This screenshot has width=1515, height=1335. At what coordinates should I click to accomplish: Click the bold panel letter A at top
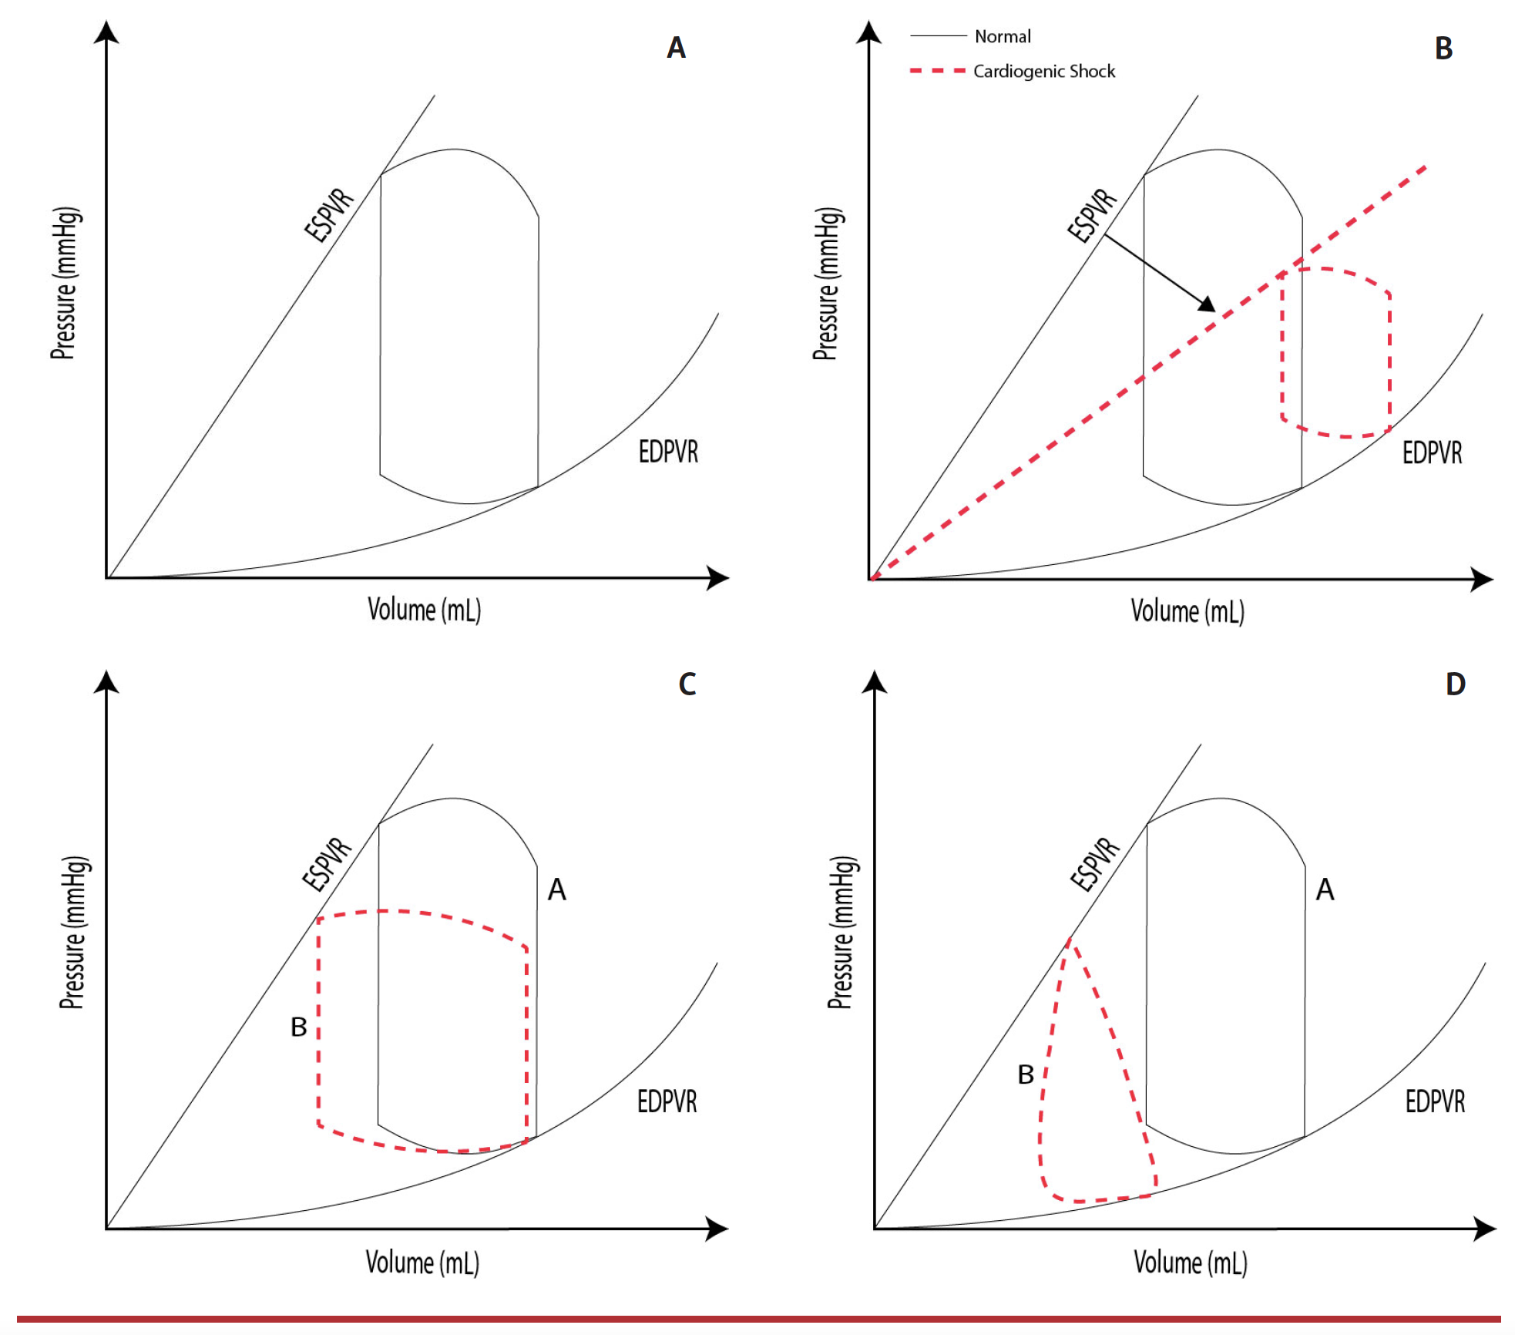pos(676,48)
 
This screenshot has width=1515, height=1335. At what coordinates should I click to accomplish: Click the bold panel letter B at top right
pos(1443,49)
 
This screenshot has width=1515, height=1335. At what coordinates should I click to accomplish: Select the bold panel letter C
pos(687,684)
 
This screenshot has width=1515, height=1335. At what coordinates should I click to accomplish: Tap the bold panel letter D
pos(1455,684)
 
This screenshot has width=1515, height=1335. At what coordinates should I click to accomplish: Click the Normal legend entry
pos(1002,36)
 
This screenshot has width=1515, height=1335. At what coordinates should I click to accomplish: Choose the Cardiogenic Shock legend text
pos(1043,71)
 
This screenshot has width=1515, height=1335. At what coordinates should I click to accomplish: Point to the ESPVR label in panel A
pos(329,215)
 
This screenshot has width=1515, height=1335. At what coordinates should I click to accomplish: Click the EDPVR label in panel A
pos(668,452)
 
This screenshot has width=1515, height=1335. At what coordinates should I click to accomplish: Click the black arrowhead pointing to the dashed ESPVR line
pos(1207,304)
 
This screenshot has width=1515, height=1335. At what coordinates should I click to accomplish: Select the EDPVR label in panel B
pos(1432,452)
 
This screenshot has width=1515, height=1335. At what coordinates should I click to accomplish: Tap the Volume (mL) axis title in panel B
pos(1187,611)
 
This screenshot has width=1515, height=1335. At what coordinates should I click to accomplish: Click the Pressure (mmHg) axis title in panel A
pos(65,283)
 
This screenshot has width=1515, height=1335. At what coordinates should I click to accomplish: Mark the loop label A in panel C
pos(556,890)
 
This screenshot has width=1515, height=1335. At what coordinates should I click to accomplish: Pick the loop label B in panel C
pos(298,1027)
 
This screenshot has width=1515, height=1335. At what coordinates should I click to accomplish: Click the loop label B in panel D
pos(1025,1074)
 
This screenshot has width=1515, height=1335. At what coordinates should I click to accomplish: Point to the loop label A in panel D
pos(1325,890)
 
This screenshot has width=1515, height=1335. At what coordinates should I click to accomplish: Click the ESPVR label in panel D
pos(1095,864)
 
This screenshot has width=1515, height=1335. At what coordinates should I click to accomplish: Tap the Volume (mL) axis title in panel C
pos(422,1263)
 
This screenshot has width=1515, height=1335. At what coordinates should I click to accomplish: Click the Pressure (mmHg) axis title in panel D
pos(841,932)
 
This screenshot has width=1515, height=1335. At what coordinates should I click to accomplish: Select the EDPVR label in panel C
pos(667,1101)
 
